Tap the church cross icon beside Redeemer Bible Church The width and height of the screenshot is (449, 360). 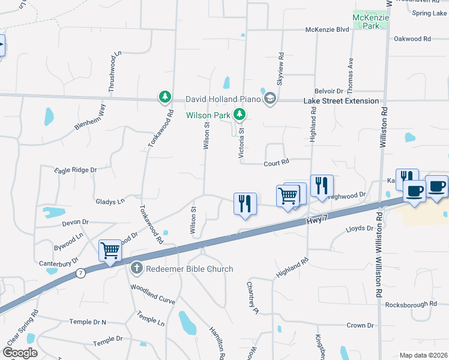136,268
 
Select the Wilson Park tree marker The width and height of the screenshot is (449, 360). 240,113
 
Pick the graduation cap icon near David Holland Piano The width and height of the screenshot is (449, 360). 270,98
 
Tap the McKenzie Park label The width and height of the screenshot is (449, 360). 370,22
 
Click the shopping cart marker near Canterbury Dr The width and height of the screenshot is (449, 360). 110,251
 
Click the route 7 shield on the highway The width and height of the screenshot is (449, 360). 81,273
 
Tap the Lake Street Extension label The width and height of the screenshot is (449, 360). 341,101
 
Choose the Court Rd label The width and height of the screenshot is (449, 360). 277,162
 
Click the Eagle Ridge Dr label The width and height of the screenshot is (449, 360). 75,170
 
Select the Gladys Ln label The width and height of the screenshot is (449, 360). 110,201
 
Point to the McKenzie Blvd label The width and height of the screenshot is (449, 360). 327,29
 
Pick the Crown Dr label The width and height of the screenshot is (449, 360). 360,325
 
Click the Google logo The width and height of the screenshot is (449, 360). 20,353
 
